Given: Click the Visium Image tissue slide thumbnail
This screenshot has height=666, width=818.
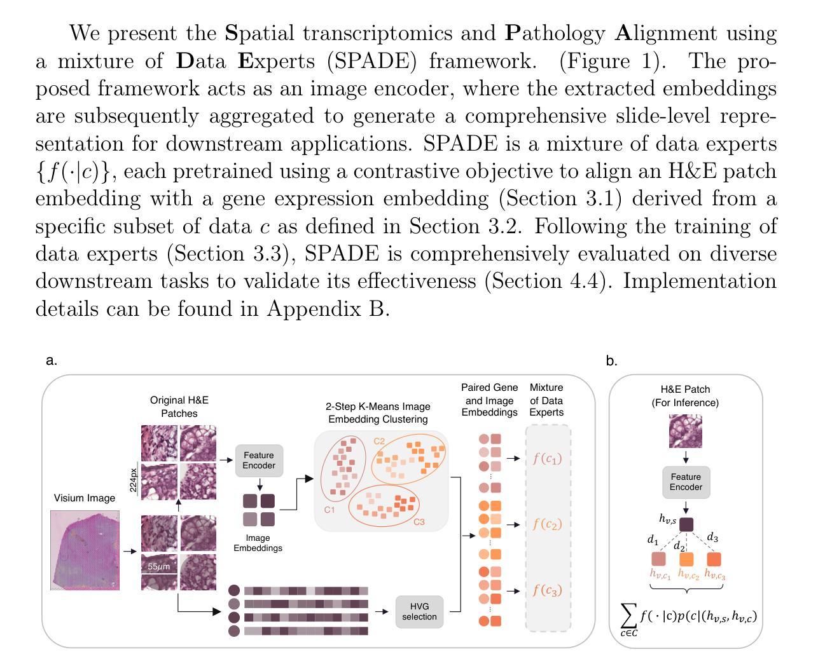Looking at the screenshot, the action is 85,550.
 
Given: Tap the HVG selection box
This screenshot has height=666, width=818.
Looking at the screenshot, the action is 419,611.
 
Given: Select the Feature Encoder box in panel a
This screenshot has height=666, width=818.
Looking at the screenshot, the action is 259,461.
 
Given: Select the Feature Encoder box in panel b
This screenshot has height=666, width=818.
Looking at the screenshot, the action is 686,482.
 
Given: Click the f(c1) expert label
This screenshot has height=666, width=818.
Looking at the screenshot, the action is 548,458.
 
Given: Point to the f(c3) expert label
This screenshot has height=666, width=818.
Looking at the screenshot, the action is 548,590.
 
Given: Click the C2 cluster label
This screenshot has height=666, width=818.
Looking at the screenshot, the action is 379,441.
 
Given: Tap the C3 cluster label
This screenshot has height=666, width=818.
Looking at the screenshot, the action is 419,522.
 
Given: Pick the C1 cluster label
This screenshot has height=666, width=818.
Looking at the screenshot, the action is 329,510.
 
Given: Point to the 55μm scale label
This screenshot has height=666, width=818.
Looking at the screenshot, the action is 159,566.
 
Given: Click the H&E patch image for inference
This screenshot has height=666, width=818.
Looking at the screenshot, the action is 686,432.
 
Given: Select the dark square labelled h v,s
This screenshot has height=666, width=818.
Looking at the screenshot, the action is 686,524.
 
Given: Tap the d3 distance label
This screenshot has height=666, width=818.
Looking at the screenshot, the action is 712,538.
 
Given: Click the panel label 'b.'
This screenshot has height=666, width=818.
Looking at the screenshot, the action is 611,361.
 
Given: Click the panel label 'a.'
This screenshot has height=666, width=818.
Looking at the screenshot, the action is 52,361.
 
